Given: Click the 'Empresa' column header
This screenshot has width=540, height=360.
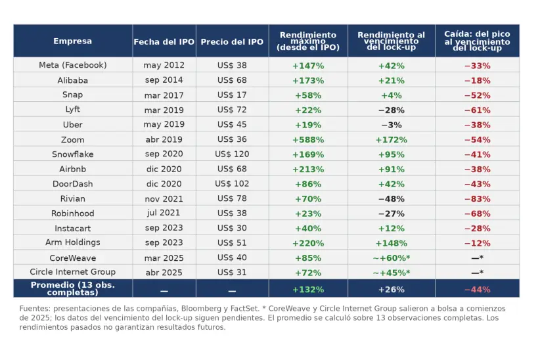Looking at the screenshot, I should pos(72,41).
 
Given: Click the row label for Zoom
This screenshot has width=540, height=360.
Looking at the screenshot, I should pos(72,140).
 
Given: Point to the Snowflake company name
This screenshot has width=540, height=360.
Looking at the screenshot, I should pos(72,154).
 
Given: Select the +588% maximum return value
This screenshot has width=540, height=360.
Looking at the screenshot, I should pos(308,140).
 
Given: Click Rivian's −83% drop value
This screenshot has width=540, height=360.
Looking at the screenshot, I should pos(477,199).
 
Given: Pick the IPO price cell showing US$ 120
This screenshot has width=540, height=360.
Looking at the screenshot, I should pos(232,154).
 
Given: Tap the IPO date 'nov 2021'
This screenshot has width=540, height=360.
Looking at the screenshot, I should pos(164,199).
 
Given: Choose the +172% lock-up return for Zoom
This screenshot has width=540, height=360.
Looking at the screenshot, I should pos(391,140).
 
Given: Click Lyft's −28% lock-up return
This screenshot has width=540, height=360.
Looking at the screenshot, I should pos(391,110).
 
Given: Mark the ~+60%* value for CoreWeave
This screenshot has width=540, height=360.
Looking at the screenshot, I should pos(391,258).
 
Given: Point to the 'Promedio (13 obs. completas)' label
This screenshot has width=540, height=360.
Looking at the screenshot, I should pos(72,288).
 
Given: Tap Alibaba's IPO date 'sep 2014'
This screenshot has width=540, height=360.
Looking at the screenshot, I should pos(164,81).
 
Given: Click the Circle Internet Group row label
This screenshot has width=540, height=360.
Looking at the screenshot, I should pos(72,272).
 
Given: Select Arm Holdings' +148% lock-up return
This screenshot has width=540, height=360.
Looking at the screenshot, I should pos(391,243).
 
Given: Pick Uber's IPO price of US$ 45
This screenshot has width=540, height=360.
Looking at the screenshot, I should pos(232,125).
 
